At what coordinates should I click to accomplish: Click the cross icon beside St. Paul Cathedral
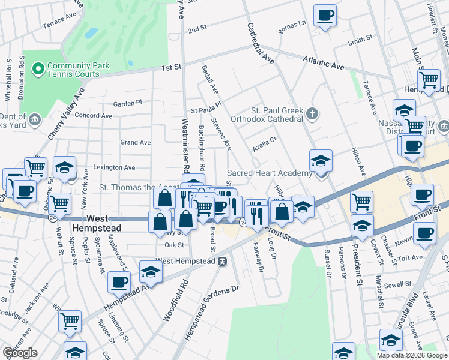pyautogui.click(x=312, y=113)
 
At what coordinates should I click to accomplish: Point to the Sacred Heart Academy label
pyautogui.click(x=270, y=173)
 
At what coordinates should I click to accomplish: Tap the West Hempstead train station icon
pyautogui.click(x=222, y=262)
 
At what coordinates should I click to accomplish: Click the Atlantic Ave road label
pyautogui.click(x=324, y=61)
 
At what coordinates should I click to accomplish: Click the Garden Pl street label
pyautogui.click(x=127, y=103)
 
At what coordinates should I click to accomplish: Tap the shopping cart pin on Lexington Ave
pyautogui.click(x=36, y=167)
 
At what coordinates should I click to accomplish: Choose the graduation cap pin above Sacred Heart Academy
pyautogui.click(x=321, y=160)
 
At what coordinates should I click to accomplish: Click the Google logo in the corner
pyautogui.click(x=20, y=353)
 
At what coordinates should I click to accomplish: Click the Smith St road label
pyautogui.click(x=360, y=40)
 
